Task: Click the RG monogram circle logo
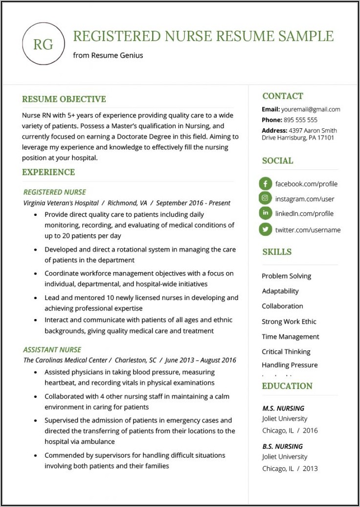(44, 44)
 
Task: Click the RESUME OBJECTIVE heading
(64, 99)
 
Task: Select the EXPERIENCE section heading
(48, 172)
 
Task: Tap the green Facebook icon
(265, 184)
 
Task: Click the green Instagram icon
(265, 198)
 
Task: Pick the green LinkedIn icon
(265, 213)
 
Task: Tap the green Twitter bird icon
(265, 229)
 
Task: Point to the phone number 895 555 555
(300, 120)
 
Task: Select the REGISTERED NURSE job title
(54, 192)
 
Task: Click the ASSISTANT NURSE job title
(52, 350)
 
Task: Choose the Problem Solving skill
(286, 276)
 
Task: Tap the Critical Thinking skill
(286, 351)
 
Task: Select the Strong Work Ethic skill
(289, 322)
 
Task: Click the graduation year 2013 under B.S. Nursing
(310, 468)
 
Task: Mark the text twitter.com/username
(308, 230)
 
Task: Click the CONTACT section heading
(282, 96)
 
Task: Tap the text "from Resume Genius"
(108, 55)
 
